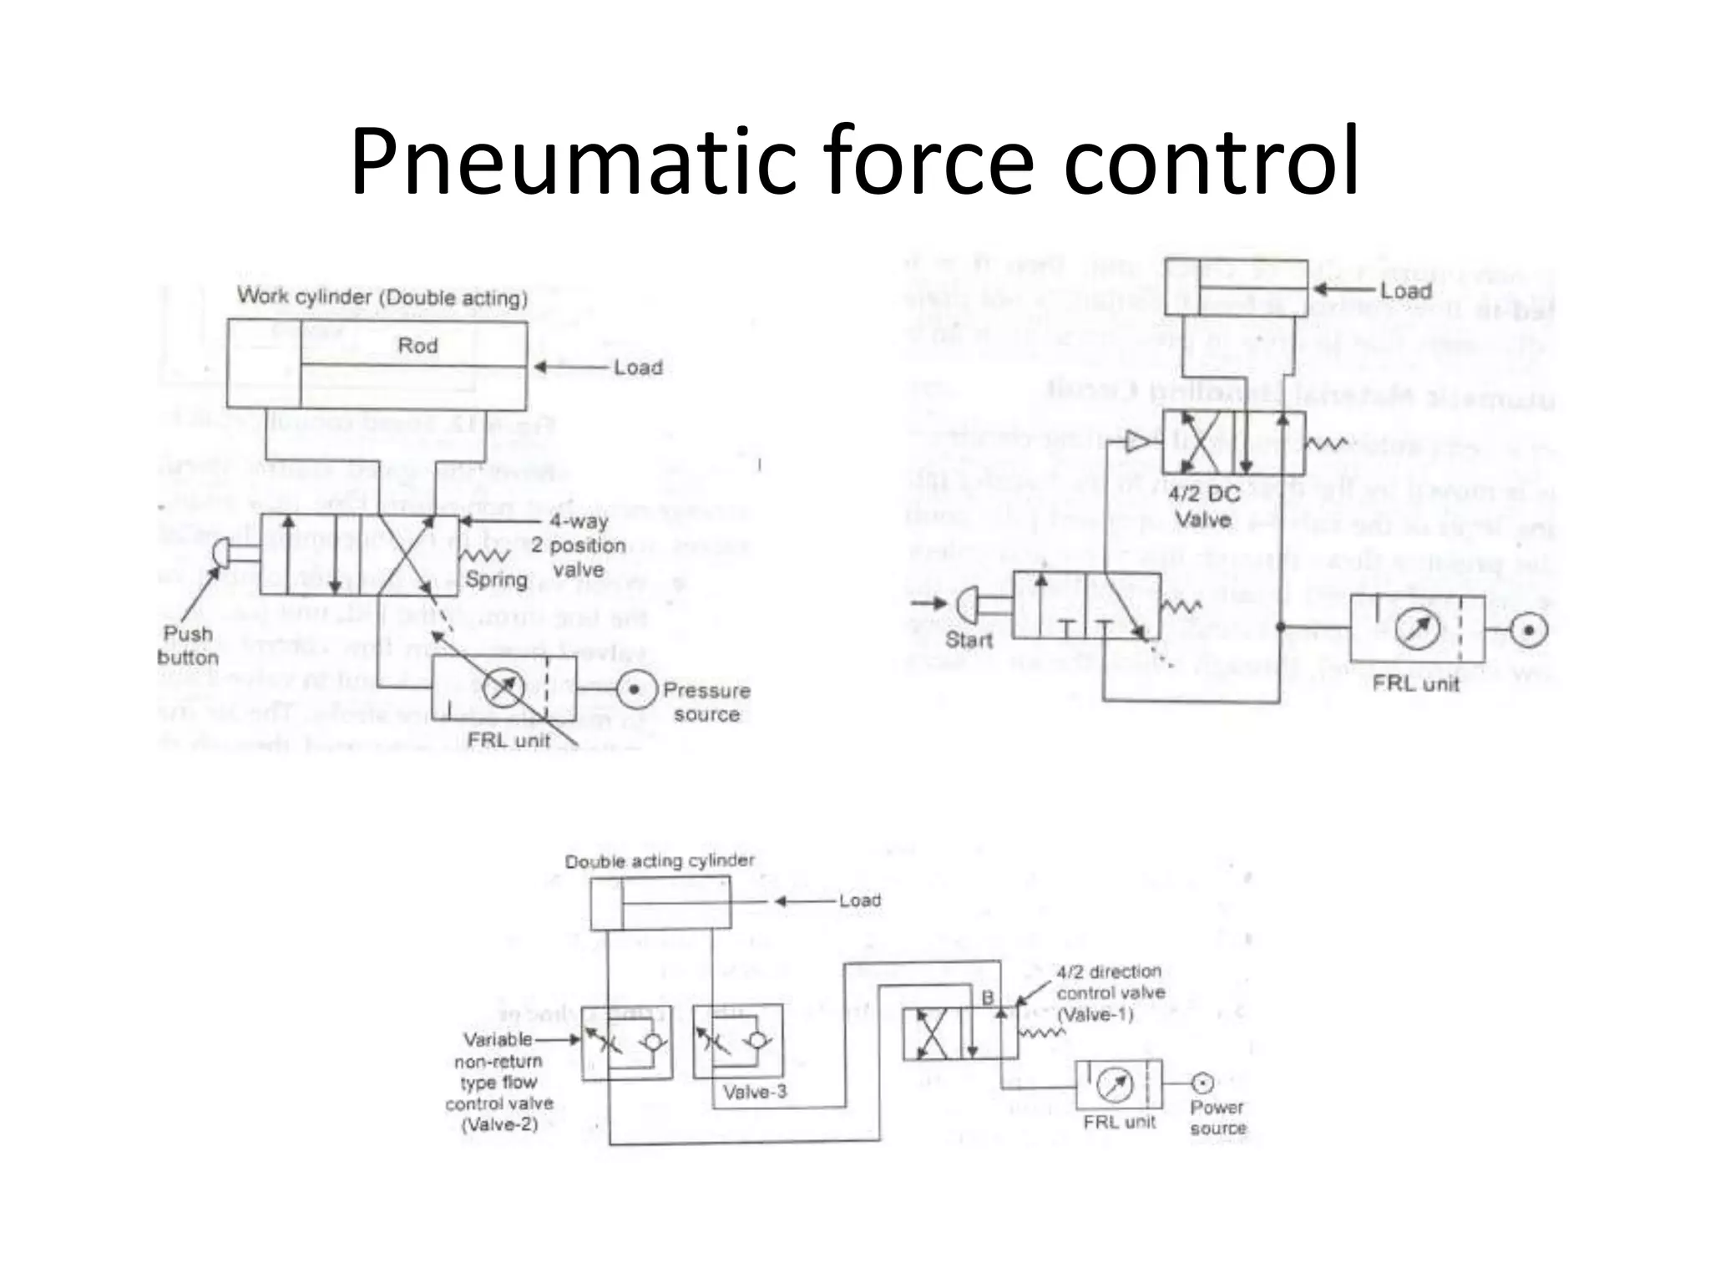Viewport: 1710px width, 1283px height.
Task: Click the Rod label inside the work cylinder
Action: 417,346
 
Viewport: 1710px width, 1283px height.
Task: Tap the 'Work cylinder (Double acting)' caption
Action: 382,297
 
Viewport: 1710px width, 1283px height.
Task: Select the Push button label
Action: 188,646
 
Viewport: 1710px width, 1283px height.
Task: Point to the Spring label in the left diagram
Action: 496,579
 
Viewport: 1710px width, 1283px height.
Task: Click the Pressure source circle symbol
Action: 634,689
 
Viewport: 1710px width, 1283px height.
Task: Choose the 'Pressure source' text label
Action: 706,702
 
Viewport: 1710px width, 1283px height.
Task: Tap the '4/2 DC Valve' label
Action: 1203,506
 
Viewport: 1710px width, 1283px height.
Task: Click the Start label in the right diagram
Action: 969,640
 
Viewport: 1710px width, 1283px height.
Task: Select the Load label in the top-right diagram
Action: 1406,291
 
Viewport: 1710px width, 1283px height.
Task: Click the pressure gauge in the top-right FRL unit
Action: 1417,630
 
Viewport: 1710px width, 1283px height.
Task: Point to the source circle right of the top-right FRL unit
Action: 1529,630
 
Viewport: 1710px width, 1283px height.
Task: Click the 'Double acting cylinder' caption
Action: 660,861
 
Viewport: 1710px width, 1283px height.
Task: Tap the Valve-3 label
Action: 755,1092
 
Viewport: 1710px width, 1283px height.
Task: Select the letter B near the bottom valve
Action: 988,998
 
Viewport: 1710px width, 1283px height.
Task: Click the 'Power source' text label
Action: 1218,1118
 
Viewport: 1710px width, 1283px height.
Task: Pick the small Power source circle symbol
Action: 1202,1083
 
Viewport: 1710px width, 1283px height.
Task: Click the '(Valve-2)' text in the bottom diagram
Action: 499,1124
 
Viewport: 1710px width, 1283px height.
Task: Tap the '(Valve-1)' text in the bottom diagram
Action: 1095,1014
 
